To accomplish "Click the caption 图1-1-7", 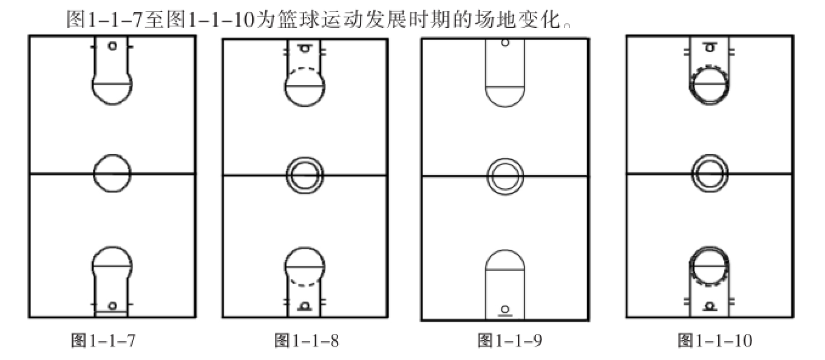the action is [103, 341].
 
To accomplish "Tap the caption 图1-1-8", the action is [307, 341].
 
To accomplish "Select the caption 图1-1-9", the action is [510, 341].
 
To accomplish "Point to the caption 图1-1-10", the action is [715, 341].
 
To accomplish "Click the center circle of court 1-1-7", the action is [93, 173].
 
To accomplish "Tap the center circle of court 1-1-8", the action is [286, 176].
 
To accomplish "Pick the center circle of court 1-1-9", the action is [487, 177].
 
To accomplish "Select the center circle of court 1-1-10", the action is [692, 174].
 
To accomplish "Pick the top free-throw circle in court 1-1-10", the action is [690, 84].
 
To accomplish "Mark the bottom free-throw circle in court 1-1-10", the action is [690, 267].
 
